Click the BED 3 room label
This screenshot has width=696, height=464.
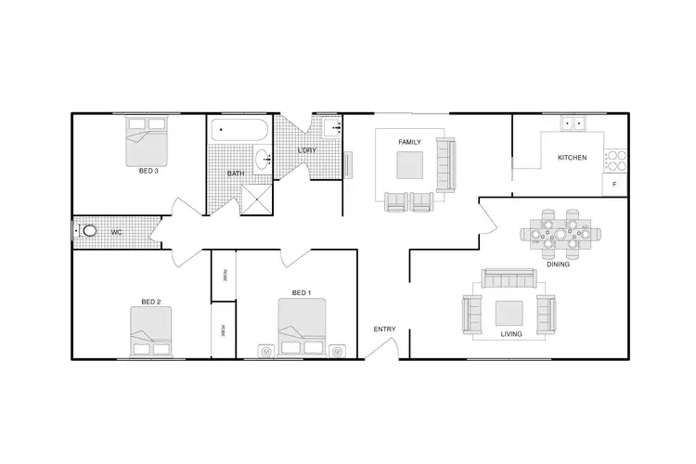[148, 171]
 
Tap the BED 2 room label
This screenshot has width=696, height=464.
[151, 302]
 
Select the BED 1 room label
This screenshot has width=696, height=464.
[302, 293]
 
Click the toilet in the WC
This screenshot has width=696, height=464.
[88, 231]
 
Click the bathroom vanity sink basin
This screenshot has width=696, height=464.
[263, 158]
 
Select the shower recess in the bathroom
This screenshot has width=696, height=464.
[255, 199]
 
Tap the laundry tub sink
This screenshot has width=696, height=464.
[330, 129]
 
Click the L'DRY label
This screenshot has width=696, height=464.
[307, 150]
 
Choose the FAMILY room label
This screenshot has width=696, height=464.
[409, 142]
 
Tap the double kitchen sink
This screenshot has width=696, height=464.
[574, 122]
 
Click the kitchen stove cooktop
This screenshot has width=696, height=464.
[615, 161]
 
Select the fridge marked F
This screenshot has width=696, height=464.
[614, 187]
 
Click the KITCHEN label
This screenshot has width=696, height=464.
[572, 159]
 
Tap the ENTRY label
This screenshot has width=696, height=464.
[384, 329]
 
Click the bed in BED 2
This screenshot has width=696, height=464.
[151, 332]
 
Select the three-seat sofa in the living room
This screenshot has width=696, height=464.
[508, 278]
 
